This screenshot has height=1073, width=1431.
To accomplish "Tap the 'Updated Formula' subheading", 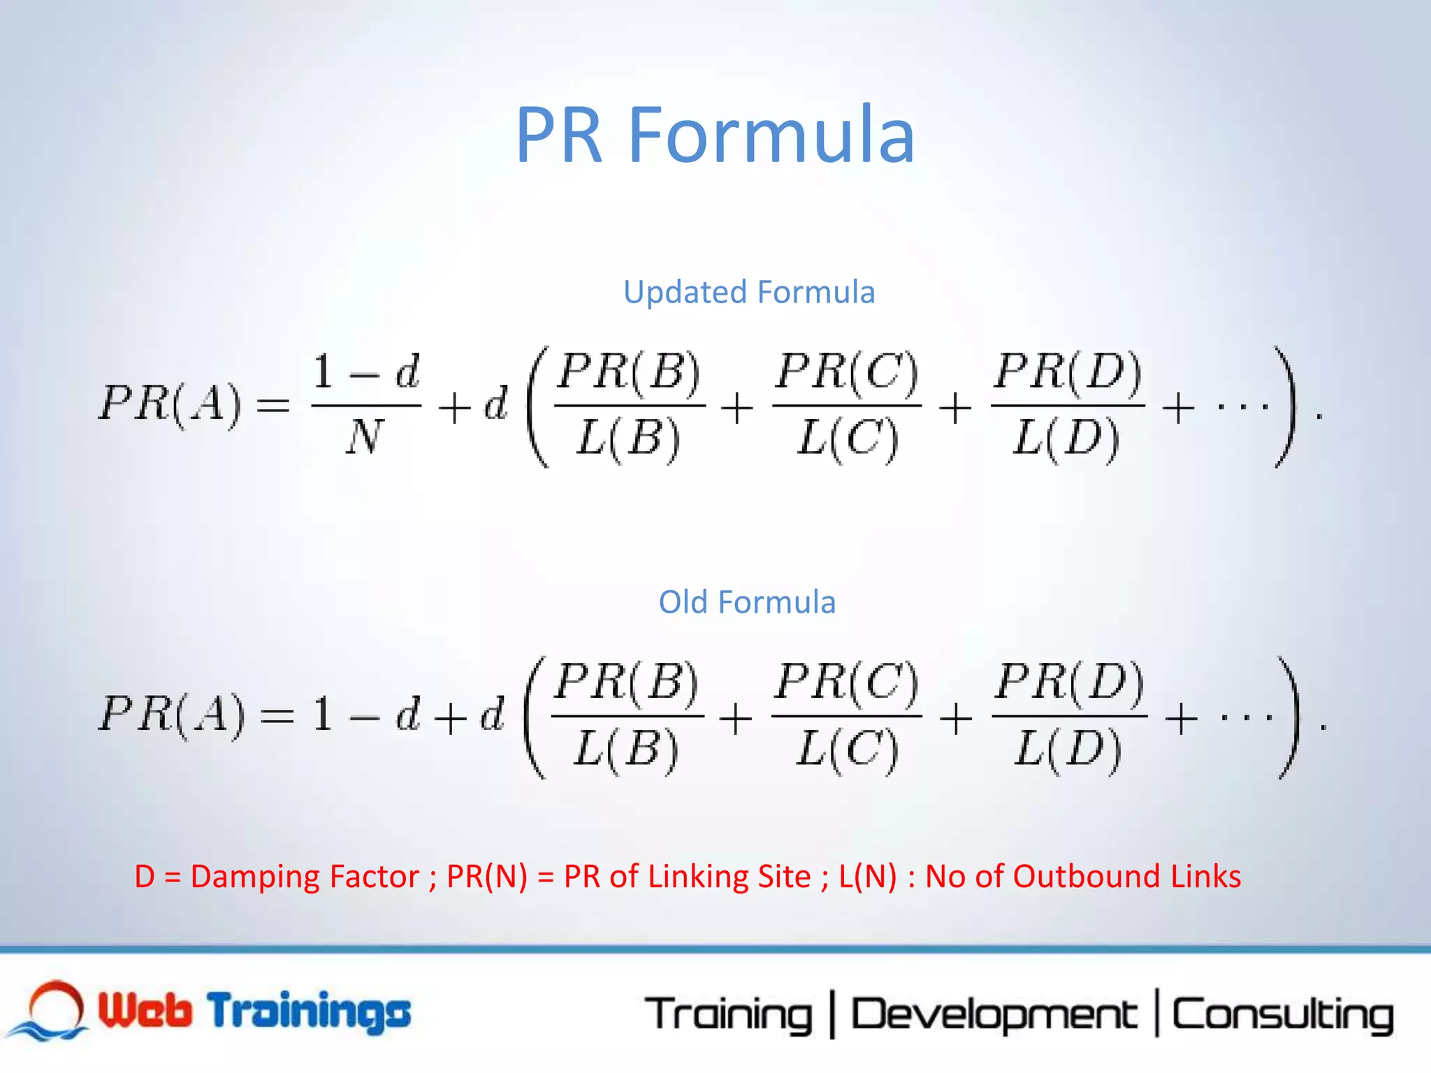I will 749,292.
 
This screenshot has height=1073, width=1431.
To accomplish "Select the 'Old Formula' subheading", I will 747,602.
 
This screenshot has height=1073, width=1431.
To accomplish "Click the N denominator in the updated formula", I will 365,438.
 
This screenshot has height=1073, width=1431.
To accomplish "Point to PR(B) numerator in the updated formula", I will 629,372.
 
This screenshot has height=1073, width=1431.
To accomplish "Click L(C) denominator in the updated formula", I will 848,439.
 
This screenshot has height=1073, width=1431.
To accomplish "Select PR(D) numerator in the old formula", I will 1070,682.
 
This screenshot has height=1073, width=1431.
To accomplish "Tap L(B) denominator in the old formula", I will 626,749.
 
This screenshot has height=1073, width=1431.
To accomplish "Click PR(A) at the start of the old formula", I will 172,715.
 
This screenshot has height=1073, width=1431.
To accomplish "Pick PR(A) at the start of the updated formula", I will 170,404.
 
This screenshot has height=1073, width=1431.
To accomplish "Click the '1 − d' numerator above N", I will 365,372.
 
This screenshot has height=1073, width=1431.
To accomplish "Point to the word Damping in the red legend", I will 305,877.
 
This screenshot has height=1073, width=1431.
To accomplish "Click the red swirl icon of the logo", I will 56,1006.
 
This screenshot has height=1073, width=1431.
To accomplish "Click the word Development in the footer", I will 994,1015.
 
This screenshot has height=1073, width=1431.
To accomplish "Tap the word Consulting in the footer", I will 1283,1015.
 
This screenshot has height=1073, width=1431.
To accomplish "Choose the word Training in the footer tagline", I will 729,1015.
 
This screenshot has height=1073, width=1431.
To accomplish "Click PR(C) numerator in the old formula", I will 847,682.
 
